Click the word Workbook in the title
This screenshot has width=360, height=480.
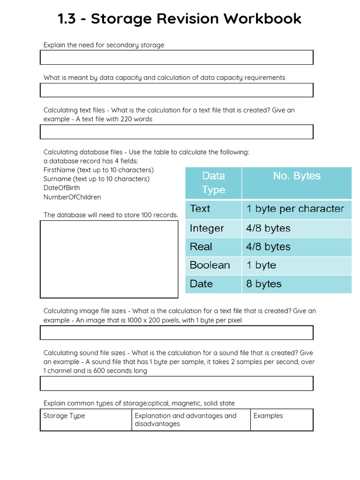262,19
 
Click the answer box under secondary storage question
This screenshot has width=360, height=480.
176,57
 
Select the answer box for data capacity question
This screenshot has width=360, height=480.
176,90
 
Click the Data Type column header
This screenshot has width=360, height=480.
213,182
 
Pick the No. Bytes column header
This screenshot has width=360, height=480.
297,176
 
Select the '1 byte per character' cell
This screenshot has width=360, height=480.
295,209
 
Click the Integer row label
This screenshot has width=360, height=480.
207,228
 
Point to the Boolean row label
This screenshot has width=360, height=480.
210,265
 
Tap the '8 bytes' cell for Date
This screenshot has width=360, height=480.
264,284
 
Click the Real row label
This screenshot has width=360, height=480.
201,247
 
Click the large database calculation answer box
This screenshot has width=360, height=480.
109,259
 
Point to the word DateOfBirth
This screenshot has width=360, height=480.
61,188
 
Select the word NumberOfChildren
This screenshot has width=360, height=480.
72,197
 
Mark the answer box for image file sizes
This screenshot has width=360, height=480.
176,332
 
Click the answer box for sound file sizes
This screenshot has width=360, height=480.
176,383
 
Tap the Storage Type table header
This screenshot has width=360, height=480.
64,416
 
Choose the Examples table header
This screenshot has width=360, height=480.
268,416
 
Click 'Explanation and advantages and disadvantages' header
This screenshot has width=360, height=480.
185,420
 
